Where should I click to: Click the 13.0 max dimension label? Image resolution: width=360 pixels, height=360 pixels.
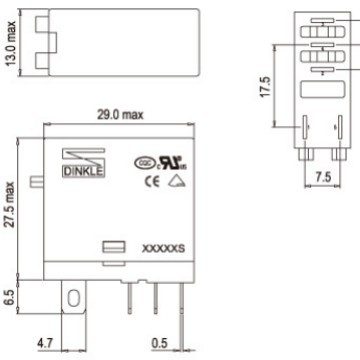click(11, 46)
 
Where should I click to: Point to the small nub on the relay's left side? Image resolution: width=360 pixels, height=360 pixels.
click(37, 183)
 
